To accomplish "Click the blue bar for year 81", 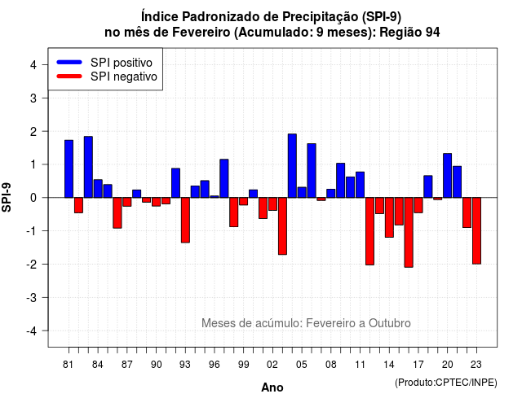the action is (69, 168).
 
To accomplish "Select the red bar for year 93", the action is (185, 220).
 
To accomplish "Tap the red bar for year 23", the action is (476, 231).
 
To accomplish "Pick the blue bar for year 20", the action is (448, 176).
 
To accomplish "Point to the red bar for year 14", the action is (389, 217).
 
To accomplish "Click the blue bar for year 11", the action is (361, 185).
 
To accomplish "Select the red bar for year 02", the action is (272, 204).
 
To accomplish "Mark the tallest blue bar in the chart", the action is (292, 166).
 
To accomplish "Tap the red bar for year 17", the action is (418, 205).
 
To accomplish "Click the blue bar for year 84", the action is (98, 188).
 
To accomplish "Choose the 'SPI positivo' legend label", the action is (122, 63).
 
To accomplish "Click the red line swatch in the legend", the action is (69, 77).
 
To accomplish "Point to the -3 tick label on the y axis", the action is (33, 297).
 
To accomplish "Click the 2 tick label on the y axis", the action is (33, 132).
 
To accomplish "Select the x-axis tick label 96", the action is (215, 365).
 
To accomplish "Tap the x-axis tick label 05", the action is (302, 365).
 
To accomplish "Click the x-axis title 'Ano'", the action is (272, 387).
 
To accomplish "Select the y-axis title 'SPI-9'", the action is (7, 197).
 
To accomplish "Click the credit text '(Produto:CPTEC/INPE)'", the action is (446, 383).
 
